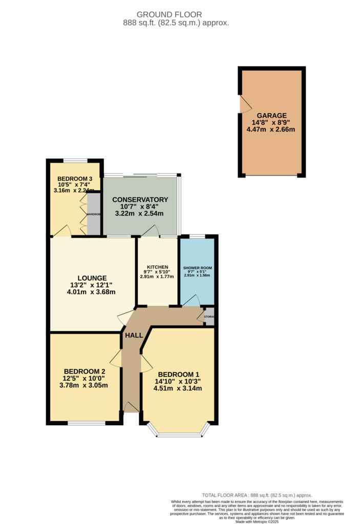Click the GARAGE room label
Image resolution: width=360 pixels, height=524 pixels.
pyautogui.click(x=272, y=116)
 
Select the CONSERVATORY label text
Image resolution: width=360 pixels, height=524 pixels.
pyautogui.click(x=140, y=200)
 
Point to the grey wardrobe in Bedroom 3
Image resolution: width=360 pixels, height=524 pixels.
pyautogui.click(x=94, y=214)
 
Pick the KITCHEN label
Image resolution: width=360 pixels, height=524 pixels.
pyautogui.click(x=157, y=268)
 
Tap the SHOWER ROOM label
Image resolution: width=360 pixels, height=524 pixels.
pyautogui.click(x=197, y=268)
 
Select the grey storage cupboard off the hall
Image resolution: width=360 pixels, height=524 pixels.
pyautogui.click(x=209, y=317)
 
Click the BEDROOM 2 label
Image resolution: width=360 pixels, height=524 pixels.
pyautogui.click(x=84, y=371)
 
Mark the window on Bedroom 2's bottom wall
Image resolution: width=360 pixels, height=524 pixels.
pyautogui.click(x=87, y=423)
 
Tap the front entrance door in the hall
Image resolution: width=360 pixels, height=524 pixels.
pyautogui.click(x=132, y=407)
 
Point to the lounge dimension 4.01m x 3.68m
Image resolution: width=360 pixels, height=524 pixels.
pyautogui.click(x=92, y=292)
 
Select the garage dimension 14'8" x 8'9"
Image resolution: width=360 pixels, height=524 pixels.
pyautogui.click(x=271, y=123)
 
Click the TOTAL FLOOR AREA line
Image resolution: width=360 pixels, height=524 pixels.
pyautogui.click(x=257, y=495)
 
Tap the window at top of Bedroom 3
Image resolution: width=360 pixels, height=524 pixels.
pyautogui.click(x=75, y=160)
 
